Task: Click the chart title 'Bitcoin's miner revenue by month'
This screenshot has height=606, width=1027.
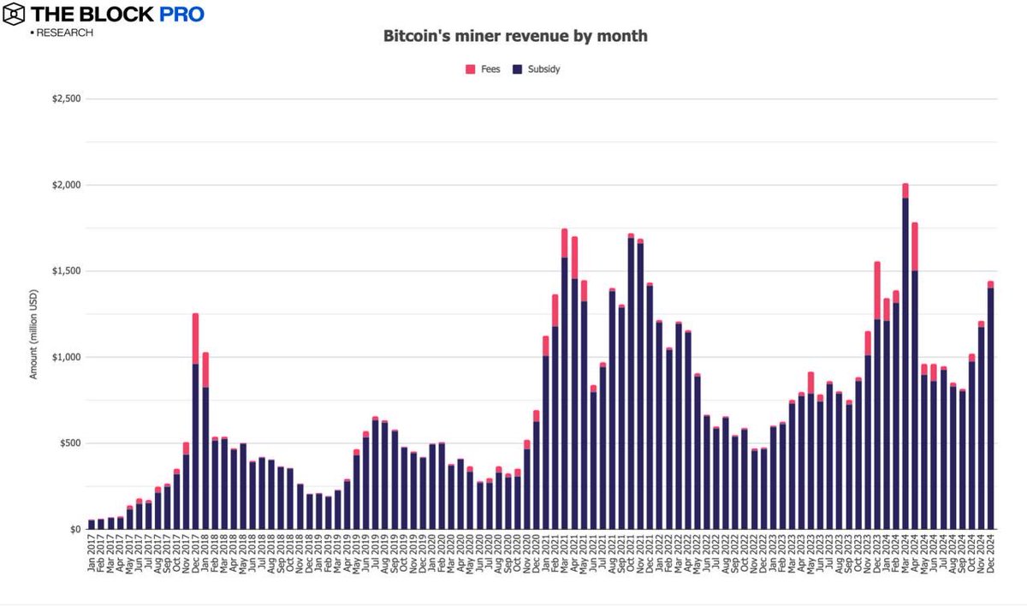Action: tap(513, 38)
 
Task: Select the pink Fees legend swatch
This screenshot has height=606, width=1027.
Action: tap(470, 68)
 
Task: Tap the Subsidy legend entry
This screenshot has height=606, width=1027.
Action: tap(536, 68)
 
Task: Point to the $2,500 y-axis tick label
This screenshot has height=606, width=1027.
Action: tap(66, 99)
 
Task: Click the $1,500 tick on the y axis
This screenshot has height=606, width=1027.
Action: tap(66, 271)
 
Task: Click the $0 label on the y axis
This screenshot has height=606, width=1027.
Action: tap(75, 530)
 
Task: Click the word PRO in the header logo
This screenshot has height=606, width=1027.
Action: tap(179, 15)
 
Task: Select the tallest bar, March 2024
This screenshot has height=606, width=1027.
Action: tap(905, 359)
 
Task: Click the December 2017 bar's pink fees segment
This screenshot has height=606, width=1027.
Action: tap(196, 338)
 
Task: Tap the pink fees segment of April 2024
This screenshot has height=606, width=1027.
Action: tap(915, 247)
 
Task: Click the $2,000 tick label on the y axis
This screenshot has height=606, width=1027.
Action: tap(66, 186)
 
